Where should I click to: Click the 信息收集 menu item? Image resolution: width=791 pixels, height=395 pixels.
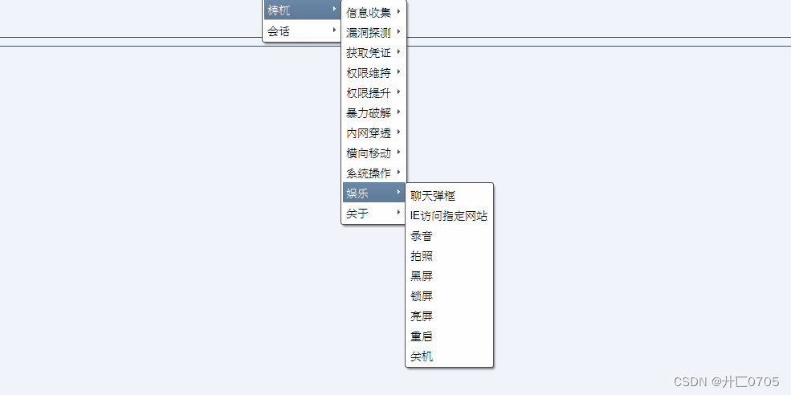(x=369, y=12)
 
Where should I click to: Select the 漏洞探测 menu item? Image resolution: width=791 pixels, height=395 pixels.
(x=369, y=33)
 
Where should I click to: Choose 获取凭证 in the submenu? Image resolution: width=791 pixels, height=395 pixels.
(x=369, y=53)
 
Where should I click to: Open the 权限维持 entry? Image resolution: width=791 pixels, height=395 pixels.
(x=369, y=73)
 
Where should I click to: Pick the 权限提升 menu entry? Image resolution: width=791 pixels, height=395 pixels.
(x=369, y=93)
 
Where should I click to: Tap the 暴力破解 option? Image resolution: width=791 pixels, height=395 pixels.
(x=369, y=113)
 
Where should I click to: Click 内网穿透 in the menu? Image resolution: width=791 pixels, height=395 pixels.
(x=369, y=133)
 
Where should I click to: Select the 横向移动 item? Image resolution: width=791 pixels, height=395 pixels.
(x=369, y=153)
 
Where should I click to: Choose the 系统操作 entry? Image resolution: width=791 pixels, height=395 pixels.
(x=369, y=173)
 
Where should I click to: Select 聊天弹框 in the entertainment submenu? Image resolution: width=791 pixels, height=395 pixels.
(x=433, y=196)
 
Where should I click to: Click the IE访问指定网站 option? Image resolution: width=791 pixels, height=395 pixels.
(x=448, y=216)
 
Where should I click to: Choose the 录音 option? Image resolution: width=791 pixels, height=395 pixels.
(x=422, y=236)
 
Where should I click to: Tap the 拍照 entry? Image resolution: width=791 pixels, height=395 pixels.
(x=422, y=256)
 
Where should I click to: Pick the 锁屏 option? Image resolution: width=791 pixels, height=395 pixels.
(x=422, y=296)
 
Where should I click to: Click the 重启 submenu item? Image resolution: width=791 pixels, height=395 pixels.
(x=422, y=336)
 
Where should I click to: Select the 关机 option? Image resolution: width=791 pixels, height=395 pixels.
(x=422, y=356)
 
